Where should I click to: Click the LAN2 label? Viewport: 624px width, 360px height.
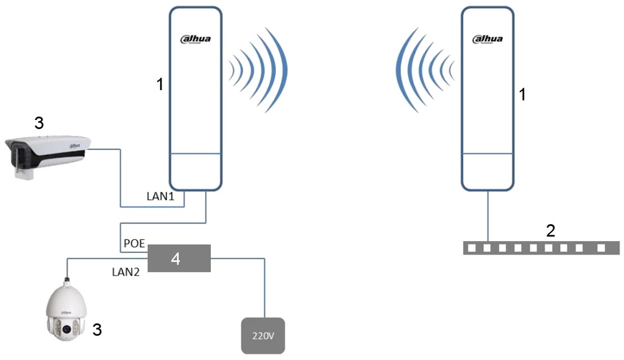tap(126, 272)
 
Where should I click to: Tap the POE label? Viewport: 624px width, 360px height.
tap(134, 243)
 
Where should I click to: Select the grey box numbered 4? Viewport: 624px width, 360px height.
tap(179, 258)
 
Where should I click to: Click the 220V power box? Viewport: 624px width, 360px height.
tap(263, 336)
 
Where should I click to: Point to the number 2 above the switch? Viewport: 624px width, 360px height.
tap(550, 230)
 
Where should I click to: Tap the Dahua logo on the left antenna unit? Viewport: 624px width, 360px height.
tap(196, 40)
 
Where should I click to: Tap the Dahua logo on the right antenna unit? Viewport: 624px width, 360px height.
tap(487, 40)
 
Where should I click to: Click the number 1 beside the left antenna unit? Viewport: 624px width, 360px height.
tap(160, 84)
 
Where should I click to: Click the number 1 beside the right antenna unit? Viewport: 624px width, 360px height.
tap(521, 94)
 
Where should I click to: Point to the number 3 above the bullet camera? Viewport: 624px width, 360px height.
tap(38, 124)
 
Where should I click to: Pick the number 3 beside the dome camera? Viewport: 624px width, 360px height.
tap(97, 330)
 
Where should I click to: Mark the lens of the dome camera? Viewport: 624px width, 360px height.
tap(65, 329)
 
